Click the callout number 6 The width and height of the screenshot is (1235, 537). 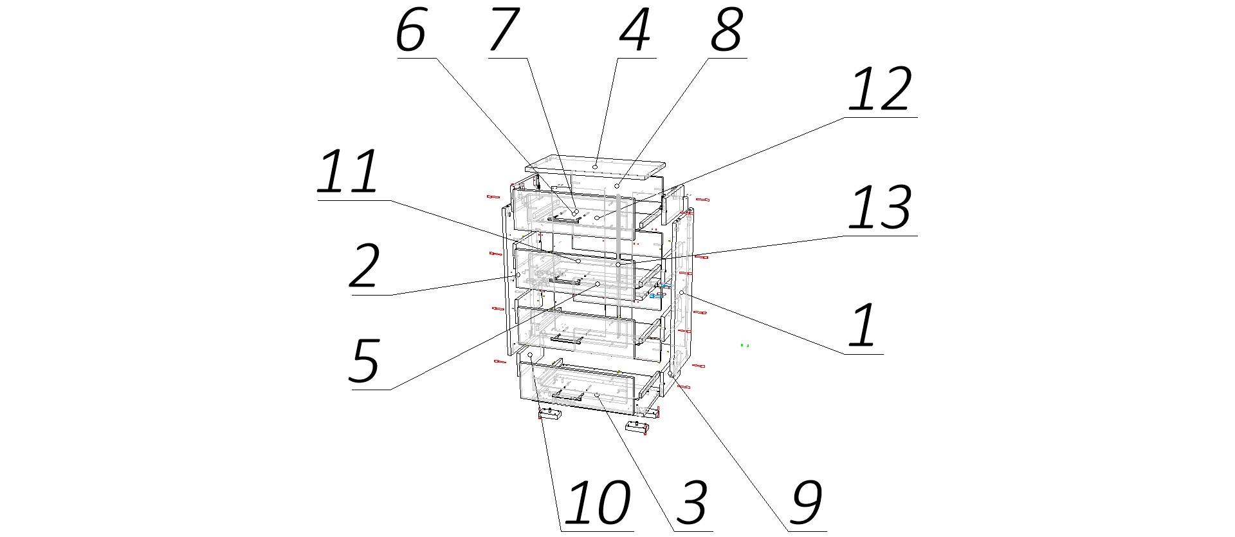(x=411, y=31)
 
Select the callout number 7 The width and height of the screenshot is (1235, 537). (x=504, y=31)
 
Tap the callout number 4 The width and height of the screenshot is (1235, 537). (x=635, y=31)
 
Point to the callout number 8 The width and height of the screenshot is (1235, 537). (x=727, y=31)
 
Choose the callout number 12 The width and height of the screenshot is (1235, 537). (x=880, y=89)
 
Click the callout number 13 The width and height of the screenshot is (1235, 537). (x=880, y=207)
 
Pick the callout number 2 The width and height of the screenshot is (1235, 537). (x=365, y=267)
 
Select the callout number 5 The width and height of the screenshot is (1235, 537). (x=365, y=361)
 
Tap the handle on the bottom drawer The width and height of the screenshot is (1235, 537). (x=567, y=396)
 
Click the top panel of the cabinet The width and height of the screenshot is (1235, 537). (x=595, y=167)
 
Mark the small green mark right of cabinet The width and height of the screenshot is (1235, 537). (x=745, y=346)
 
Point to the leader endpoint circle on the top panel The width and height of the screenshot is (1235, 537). (x=596, y=167)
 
